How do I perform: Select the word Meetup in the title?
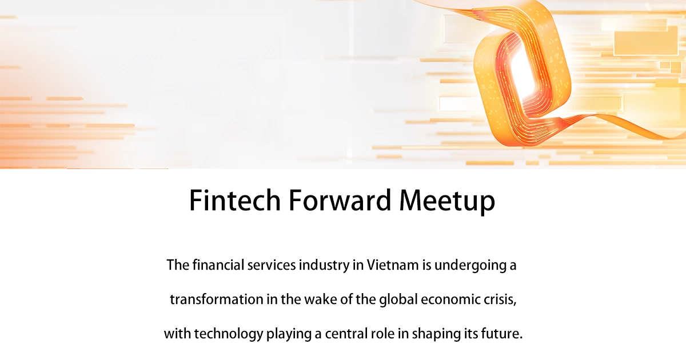point(447,201)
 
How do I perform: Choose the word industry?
point(319,266)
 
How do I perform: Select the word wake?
point(312,300)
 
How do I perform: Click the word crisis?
point(502,300)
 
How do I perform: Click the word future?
point(504,334)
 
